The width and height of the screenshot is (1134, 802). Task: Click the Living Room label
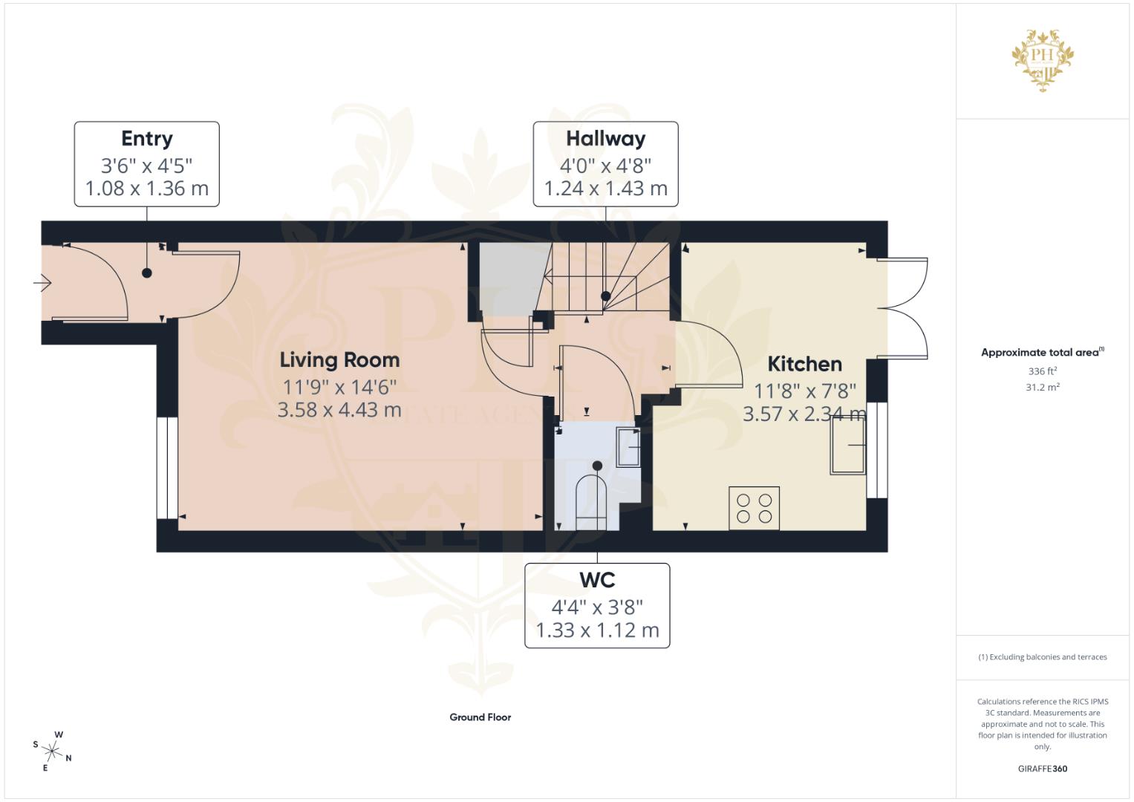[339, 360]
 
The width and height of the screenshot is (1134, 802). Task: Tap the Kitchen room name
[804, 364]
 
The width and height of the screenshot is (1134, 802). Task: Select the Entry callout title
[147, 139]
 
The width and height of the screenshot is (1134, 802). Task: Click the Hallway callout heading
[605, 139]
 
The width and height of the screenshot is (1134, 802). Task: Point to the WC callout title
[597, 579]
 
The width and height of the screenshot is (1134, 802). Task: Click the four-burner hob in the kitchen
[754, 508]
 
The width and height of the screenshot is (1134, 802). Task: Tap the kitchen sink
[847, 445]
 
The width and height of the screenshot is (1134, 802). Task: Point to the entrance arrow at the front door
[42, 283]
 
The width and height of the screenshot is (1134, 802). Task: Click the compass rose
[53, 751]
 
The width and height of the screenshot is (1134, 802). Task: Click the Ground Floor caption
[480, 717]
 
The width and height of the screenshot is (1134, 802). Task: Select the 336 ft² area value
[1042, 371]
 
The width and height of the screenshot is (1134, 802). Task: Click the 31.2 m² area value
[1042, 387]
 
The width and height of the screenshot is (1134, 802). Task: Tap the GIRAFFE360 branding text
[1042, 769]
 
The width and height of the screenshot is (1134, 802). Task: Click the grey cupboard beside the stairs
[509, 278]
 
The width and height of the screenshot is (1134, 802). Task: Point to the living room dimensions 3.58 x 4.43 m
[339, 410]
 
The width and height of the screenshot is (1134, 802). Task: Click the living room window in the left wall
[167, 468]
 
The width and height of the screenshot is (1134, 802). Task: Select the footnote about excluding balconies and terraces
[1042, 657]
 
